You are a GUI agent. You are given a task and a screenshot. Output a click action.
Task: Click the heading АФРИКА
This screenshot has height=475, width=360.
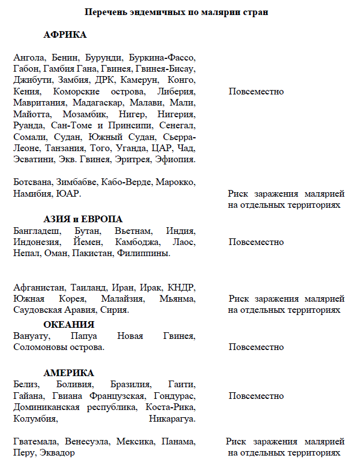pyautogui.click(x=65, y=34)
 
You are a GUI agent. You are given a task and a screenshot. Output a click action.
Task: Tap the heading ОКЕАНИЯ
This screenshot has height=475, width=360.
pyautogui.click(x=69, y=324)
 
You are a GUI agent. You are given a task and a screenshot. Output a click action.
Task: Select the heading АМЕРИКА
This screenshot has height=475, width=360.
pyautogui.click(x=68, y=373)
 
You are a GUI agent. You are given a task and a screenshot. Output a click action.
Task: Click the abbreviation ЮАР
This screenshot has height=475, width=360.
pyautogui.click(x=68, y=193)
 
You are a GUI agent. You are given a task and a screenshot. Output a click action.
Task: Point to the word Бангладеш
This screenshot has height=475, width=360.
pyautogui.click(x=37, y=231)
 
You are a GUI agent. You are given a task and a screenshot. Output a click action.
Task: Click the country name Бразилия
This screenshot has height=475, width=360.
pyautogui.click(x=130, y=384)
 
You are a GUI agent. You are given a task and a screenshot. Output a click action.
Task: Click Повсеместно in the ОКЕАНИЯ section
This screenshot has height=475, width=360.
pyautogui.click(x=256, y=347)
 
